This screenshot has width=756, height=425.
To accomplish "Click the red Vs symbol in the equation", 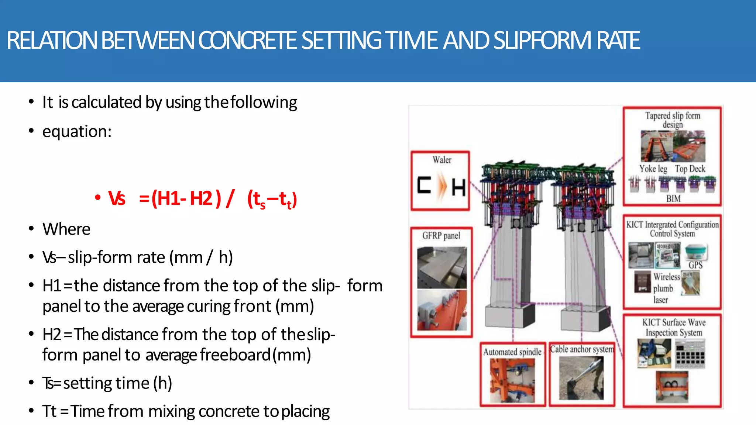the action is point(117,198).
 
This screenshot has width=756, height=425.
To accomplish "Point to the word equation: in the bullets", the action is point(77,131).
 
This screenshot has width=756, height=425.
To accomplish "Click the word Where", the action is point(66,229).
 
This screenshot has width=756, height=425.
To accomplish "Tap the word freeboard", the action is point(236,355).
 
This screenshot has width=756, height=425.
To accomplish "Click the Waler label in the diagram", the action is point(442,160).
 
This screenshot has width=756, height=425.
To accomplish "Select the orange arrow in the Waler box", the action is point(441,187).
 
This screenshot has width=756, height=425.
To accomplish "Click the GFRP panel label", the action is point(441,235).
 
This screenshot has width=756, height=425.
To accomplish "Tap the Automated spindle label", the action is point(512,352).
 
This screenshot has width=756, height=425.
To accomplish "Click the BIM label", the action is point(673,198).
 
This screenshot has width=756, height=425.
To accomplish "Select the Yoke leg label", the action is point(653,169).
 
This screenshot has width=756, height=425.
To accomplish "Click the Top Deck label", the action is point(690,169).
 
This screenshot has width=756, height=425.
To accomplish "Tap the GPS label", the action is point(695,265).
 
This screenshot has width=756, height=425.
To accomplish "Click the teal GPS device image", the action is point(695,252).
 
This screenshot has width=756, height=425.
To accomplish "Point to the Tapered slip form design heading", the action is point(673,120).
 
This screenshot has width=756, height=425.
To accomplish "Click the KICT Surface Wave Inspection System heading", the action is point(674,327).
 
